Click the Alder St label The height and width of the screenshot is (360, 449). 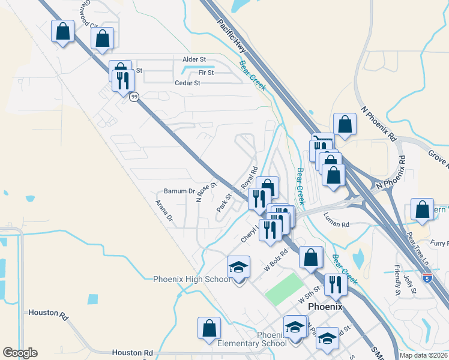194,60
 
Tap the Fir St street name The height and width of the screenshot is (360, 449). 206,72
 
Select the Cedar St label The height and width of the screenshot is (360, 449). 187,83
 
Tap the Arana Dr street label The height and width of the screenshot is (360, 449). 164,211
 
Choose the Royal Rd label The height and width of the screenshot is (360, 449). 249,178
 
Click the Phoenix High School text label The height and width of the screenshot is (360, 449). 191,279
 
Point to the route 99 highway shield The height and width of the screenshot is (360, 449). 134,97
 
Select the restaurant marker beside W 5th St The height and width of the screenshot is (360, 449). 335,284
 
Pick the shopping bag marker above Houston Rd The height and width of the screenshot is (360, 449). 209,328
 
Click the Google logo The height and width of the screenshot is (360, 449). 20,353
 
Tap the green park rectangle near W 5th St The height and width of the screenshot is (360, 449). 284,287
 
